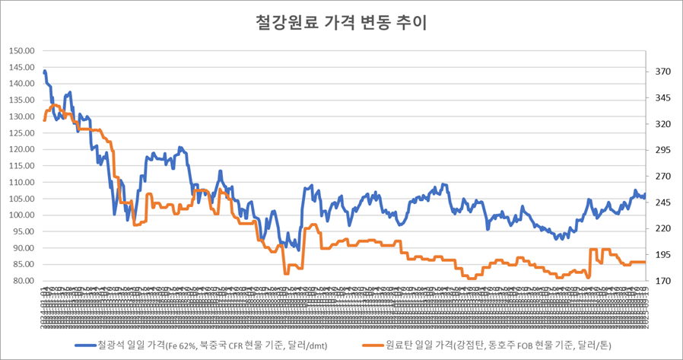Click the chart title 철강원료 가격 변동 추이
point(341,23)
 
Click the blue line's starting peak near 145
point(45,71)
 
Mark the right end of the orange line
point(644,262)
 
